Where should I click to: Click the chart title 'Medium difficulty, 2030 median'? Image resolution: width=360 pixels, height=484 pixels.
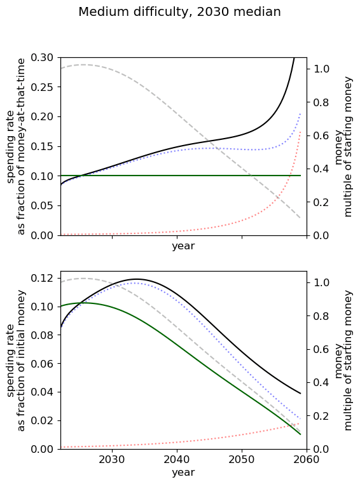[x=180, y=12]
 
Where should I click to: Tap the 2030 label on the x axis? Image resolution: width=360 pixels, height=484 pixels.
[x=112, y=460]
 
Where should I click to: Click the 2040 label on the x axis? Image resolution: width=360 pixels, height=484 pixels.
[x=177, y=460]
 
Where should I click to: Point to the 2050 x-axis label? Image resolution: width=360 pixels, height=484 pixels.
[x=242, y=460]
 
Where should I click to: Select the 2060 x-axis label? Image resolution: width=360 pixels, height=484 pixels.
[x=307, y=460]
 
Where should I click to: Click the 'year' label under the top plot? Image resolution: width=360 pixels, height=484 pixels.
[x=183, y=246]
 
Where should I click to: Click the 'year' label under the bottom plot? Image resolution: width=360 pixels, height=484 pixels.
[x=183, y=473]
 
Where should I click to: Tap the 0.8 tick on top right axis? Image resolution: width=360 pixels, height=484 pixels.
[x=321, y=102]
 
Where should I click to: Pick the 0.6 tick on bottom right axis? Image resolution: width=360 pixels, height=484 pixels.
[x=321, y=349]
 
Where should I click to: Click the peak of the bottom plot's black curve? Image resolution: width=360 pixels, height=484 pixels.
[x=136, y=279]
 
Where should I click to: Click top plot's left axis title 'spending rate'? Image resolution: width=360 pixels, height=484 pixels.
[x=11, y=147]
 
